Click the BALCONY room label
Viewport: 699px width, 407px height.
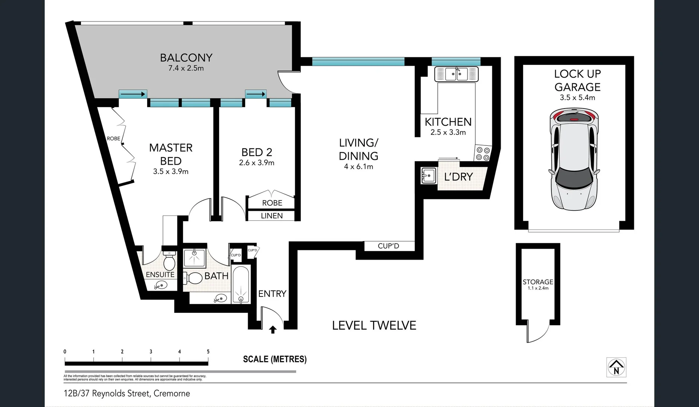pyautogui.click(x=186, y=58)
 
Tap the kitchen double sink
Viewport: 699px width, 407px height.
pyautogui.click(x=456, y=74)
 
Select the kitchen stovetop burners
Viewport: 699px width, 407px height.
pyautogui.click(x=483, y=153)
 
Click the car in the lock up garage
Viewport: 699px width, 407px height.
pyautogui.click(x=574, y=159)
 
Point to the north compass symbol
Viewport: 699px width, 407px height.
pyautogui.click(x=616, y=367)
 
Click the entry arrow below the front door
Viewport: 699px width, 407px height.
pyautogui.click(x=273, y=330)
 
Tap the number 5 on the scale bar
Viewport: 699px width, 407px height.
pyautogui.click(x=208, y=352)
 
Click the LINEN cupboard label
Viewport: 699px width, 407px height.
pyautogui.click(x=271, y=216)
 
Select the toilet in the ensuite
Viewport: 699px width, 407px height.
pyautogui.click(x=169, y=260)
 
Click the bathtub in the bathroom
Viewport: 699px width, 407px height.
pyautogui.click(x=241, y=285)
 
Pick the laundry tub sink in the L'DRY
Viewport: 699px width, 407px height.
pyautogui.click(x=428, y=176)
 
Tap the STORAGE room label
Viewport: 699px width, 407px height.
pyautogui.click(x=538, y=282)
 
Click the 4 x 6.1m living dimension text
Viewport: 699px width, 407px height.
pyautogui.click(x=358, y=167)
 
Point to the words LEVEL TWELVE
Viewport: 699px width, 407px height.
pyautogui.click(x=374, y=326)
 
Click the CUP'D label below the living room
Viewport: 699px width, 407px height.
pyautogui.click(x=388, y=246)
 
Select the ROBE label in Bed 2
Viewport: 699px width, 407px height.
pyautogui.click(x=272, y=203)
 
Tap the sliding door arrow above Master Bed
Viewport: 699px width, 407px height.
pyautogui.click(x=133, y=94)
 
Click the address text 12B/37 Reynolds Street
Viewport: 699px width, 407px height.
pyautogui.click(x=127, y=393)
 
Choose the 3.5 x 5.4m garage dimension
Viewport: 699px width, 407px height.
pyautogui.click(x=577, y=98)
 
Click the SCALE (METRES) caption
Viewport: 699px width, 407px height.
pyautogui.click(x=275, y=359)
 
